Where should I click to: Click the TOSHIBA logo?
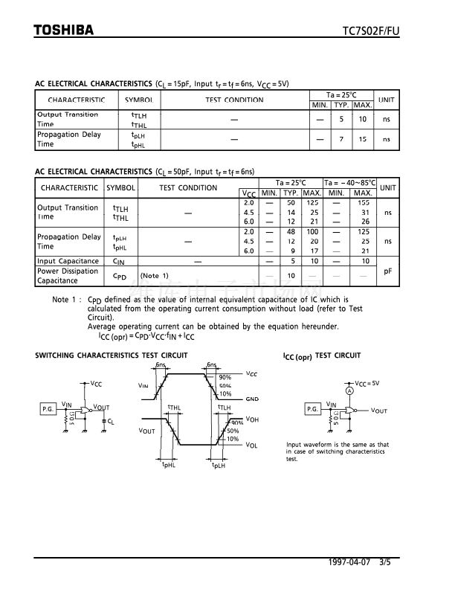point(64,30)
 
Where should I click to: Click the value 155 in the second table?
point(363,202)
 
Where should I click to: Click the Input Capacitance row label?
point(68,261)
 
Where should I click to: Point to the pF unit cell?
point(387,271)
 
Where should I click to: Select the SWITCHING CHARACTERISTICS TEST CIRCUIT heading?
point(111,356)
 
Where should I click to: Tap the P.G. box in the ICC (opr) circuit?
point(313,409)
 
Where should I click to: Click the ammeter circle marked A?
point(348,390)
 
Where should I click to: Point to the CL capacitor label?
point(111,421)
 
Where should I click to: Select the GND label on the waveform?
point(252,399)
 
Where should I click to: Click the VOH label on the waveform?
point(252,419)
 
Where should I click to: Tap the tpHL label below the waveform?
point(169,465)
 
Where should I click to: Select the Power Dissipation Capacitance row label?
point(68,276)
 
